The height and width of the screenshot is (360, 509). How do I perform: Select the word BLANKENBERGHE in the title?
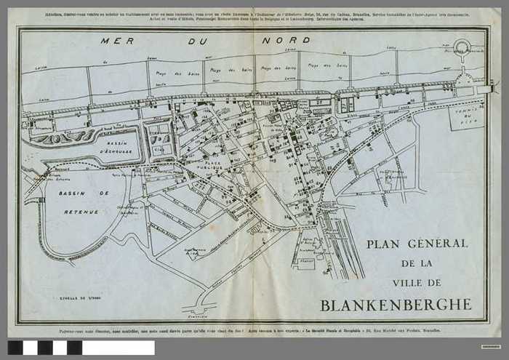pos(396,303)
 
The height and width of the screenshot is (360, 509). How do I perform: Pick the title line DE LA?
pos(417,263)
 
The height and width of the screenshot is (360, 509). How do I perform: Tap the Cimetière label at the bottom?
pos(198,316)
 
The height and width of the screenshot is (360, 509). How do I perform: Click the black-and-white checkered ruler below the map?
pos(81,348)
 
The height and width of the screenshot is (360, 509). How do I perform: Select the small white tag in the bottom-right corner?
pos(490,345)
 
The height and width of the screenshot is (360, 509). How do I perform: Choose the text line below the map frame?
pos(254,331)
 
